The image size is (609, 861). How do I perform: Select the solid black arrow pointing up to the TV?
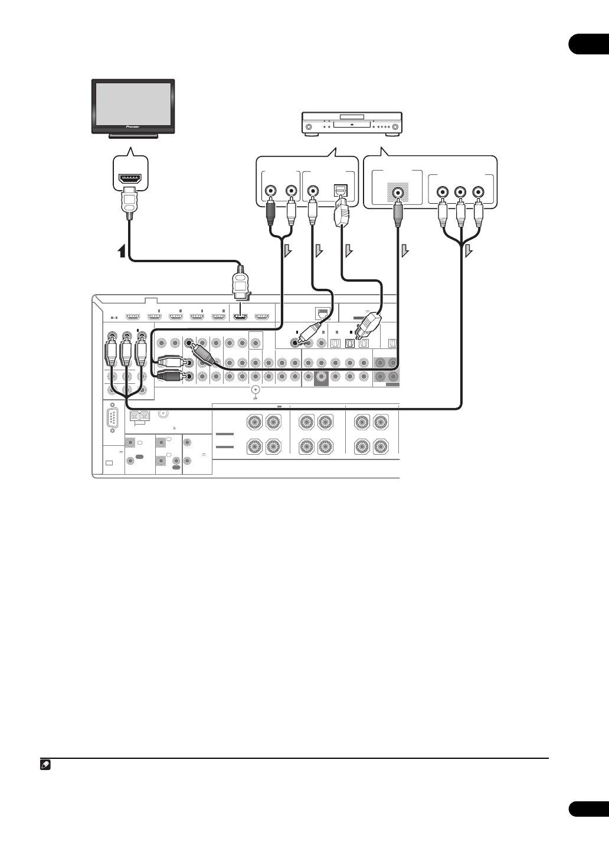pos(122,251)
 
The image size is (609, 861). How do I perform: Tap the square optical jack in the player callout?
pos(341,191)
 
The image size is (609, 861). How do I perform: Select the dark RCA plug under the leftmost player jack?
pos(271,213)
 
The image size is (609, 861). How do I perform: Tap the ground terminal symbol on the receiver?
pos(255,390)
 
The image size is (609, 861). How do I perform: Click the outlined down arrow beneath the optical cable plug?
pos(349,252)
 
